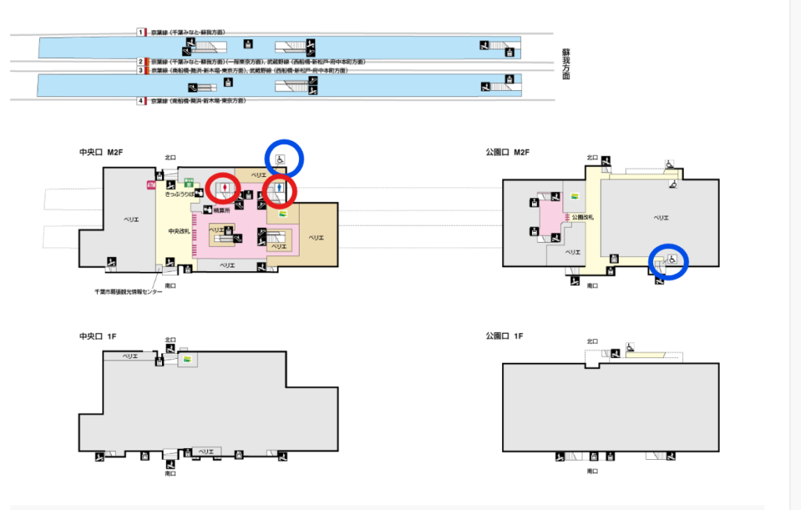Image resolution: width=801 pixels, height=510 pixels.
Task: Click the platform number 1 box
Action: tap(141, 32)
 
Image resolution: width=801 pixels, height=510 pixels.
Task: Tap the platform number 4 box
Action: tap(141, 101)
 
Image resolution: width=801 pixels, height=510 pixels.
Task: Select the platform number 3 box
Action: tap(141, 71)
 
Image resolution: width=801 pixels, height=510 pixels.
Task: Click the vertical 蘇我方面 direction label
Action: tap(566, 64)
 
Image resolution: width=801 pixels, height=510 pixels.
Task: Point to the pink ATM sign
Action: tap(151, 185)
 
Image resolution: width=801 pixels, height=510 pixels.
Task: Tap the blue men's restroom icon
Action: tap(278, 188)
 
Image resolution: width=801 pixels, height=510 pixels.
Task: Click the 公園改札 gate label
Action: tap(584, 216)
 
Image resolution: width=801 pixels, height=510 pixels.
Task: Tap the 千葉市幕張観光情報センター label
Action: tap(128, 291)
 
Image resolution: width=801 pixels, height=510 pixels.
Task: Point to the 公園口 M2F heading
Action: tap(508, 151)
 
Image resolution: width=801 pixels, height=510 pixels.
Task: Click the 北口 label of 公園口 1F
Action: tap(591, 341)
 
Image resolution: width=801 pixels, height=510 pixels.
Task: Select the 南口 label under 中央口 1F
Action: tap(170, 473)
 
